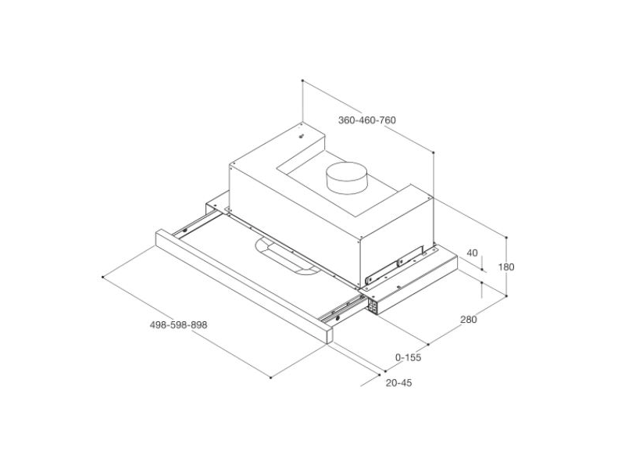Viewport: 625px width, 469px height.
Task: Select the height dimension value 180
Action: tap(506, 267)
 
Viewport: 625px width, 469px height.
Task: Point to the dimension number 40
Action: tap(471, 252)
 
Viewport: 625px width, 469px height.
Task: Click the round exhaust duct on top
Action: tap(346, 180)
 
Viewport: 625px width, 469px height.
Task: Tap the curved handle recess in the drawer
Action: tap(286, 256)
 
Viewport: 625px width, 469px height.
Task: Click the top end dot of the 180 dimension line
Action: tap(506, 237)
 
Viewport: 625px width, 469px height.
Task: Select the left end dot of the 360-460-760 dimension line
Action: tap(302, 80)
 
